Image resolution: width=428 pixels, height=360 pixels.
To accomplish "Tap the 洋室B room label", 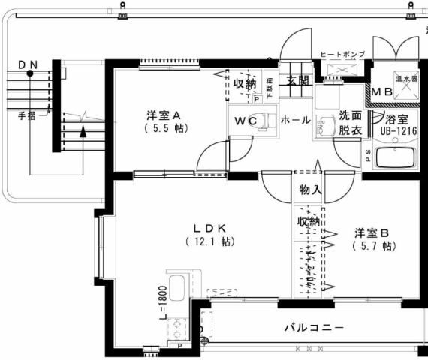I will click(x=371, y=233).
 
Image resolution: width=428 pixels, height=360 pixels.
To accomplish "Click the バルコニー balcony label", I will click(x=314, y=328).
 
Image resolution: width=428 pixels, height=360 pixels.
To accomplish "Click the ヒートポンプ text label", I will click(x=342, y=55).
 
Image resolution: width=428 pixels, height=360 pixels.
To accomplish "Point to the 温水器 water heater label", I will click(x=405, y=77).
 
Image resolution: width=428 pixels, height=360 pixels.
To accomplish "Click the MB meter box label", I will click(x=382, y=93).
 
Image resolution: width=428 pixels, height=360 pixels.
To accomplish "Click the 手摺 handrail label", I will click(x=27, y=115).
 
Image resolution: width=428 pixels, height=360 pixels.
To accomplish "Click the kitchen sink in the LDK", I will click(x=178, y=289).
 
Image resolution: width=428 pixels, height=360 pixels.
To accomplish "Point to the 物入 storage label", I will click(x=309, y=190).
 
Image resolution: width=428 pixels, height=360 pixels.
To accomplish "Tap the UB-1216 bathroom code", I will click(x=396, y=131).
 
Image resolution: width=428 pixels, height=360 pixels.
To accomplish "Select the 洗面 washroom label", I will click(x=349, y=115).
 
